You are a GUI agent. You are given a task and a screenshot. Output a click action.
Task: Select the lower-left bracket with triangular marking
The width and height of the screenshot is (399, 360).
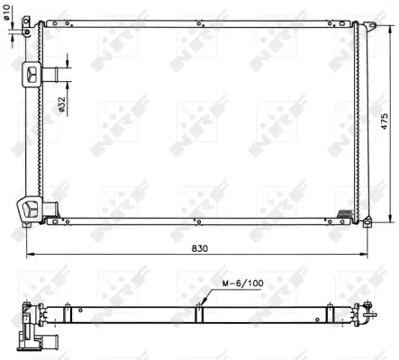click(30, 210)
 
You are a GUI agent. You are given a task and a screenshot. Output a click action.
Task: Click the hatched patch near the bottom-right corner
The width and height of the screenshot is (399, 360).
click(345, 213)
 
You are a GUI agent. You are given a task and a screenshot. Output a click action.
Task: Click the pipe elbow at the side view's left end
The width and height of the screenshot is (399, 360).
click(36, 340)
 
